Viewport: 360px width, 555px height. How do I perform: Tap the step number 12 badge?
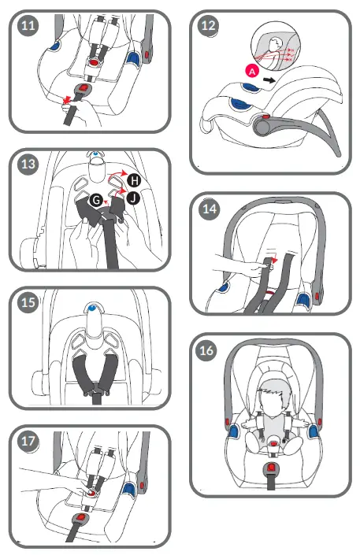209,25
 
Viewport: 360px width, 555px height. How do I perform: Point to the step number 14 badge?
209,210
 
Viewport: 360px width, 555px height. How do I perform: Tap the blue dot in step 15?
93,307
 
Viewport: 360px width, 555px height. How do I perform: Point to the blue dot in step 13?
95,155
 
